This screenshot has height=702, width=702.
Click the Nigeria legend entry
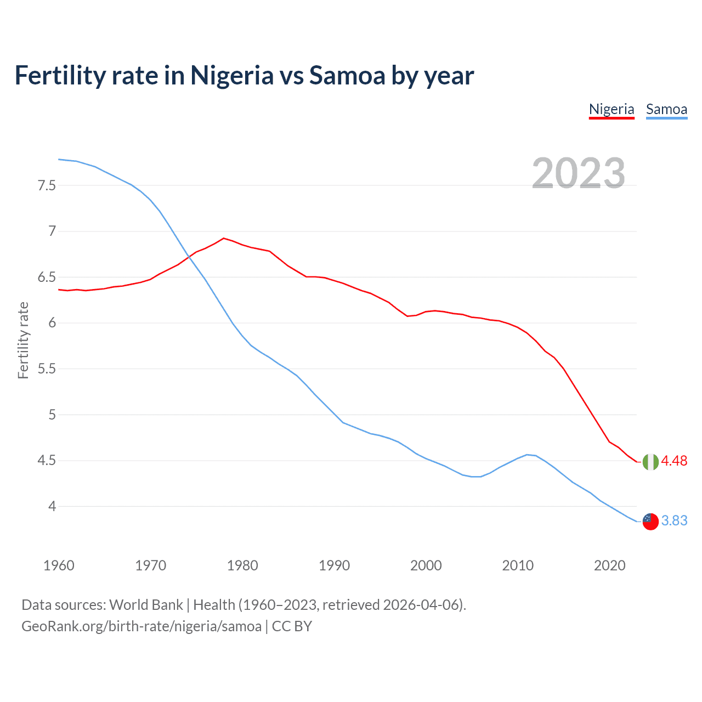pyautogui.click(x=612, y=109)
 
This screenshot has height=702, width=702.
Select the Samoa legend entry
pyautogui.click(x=666, y=109)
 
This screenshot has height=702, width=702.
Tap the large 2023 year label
pyautogui.click(x=579, y=173)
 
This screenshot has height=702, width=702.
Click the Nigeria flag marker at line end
pyautogui.click(x=650, y=462)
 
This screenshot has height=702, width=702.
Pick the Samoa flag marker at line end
pyautogui.click(x=650, y=522)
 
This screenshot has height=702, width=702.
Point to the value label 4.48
pyautogui.click(x=674, y=461)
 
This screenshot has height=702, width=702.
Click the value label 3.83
pyautogui.click(x=674, y=520)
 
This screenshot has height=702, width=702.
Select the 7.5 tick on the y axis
pyautogui.click(x=47, y=185)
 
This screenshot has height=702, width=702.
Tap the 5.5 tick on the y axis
pyautogui.click(x=47, y=369)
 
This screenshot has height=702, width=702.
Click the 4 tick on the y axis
pyautogui.click(x=52, y=506)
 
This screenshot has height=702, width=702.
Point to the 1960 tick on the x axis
pyautogui.click(x=59, y=565)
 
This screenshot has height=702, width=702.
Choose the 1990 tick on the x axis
pyautogui.click(x=334, y=565)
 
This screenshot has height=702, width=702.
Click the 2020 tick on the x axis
pyautogui.click(x=609, y=565)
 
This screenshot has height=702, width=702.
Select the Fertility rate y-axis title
pyautogui.click(x=23, y=340)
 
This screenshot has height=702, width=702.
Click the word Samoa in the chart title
pyautogui.click(x=347, y=75)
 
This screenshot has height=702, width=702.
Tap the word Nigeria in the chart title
pyautogui.click(x=231, y=75)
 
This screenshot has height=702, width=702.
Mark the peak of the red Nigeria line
pyautogui.click(x=223, y=238)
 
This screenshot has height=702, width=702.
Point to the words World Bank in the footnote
pyautogui.click(x=146, y=605)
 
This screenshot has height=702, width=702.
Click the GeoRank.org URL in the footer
pyautogui.click(x=141, y=626)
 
